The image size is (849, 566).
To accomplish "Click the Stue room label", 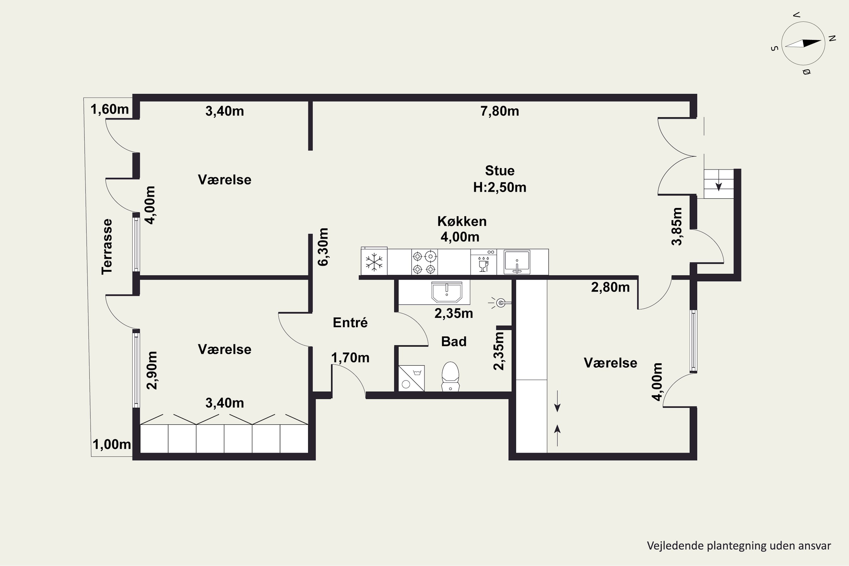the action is [x=499, y=170].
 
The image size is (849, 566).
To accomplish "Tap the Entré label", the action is [x=350, y=322].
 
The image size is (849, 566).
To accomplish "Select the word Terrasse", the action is [x=107, y=246].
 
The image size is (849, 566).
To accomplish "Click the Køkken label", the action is [x=462, y=221].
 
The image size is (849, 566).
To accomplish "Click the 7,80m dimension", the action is [x=499, y=111].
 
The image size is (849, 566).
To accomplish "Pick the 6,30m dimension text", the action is [x=323, y=247].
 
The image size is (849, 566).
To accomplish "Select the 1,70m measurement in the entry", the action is [x=350, y=358].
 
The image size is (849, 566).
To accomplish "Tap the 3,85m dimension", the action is [x=677, y=226].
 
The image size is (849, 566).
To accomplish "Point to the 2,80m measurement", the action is [x=610, y=287].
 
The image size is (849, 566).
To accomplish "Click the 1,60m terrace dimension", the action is [x=109, y=109].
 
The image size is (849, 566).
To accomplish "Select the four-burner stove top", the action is [x=424, y=262].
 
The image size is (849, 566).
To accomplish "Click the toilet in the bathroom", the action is [x=451, y=376].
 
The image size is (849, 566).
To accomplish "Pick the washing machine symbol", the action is [x=411, y=378].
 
